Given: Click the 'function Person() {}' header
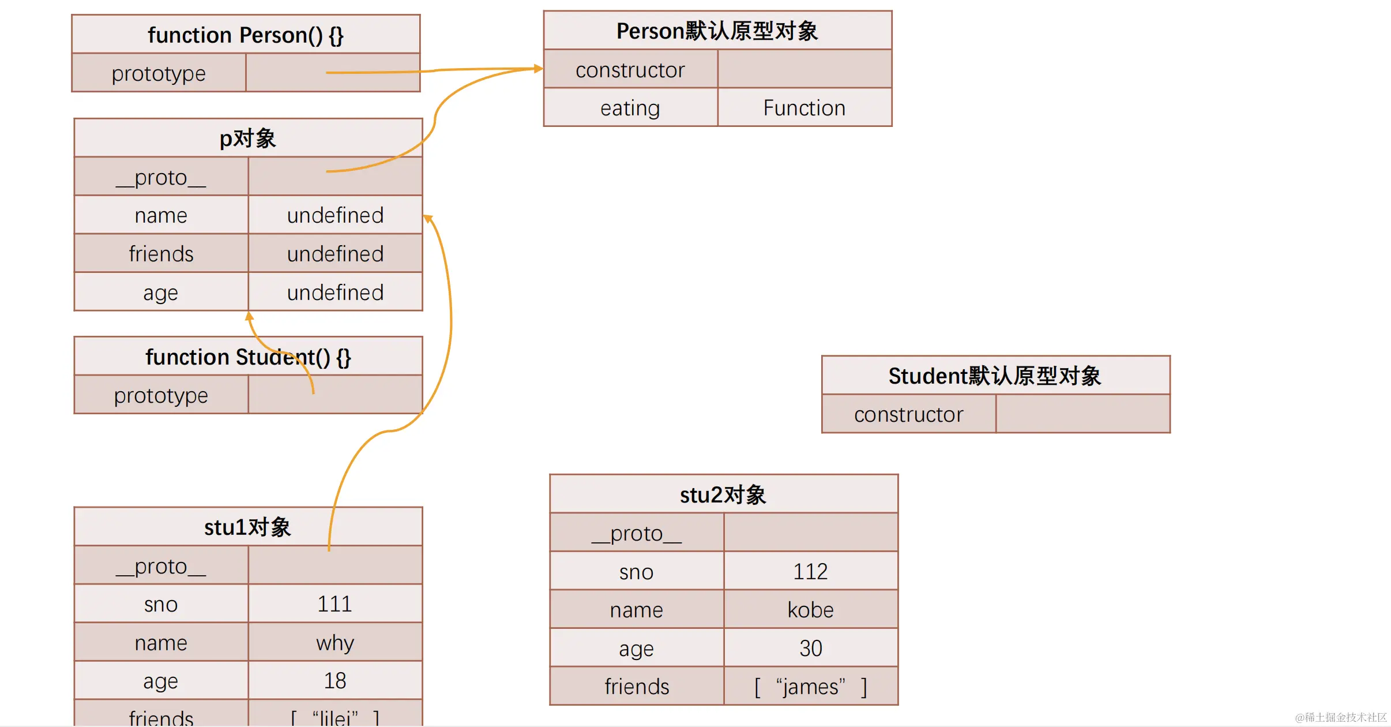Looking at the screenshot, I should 246,35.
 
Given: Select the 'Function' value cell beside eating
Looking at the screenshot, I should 804,108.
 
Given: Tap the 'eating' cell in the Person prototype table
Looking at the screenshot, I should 630,108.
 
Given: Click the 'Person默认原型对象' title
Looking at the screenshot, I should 717,31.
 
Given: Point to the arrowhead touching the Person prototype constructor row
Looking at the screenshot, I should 539,69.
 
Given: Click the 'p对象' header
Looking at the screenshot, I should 248,138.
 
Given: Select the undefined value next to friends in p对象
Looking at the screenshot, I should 335,254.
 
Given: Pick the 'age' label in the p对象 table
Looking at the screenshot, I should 160,293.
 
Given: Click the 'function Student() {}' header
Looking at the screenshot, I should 248,357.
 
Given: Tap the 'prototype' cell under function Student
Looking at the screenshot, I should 161,395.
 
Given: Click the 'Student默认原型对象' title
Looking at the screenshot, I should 995,376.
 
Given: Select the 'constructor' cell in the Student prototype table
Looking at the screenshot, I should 908,414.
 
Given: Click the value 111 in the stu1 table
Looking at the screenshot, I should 334,604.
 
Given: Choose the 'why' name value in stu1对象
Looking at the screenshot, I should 334,643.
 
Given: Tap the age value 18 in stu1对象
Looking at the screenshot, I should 334,681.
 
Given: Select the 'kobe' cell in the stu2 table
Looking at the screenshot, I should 810,610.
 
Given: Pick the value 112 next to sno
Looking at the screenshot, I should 810,572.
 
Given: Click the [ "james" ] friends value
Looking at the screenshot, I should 810,687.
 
